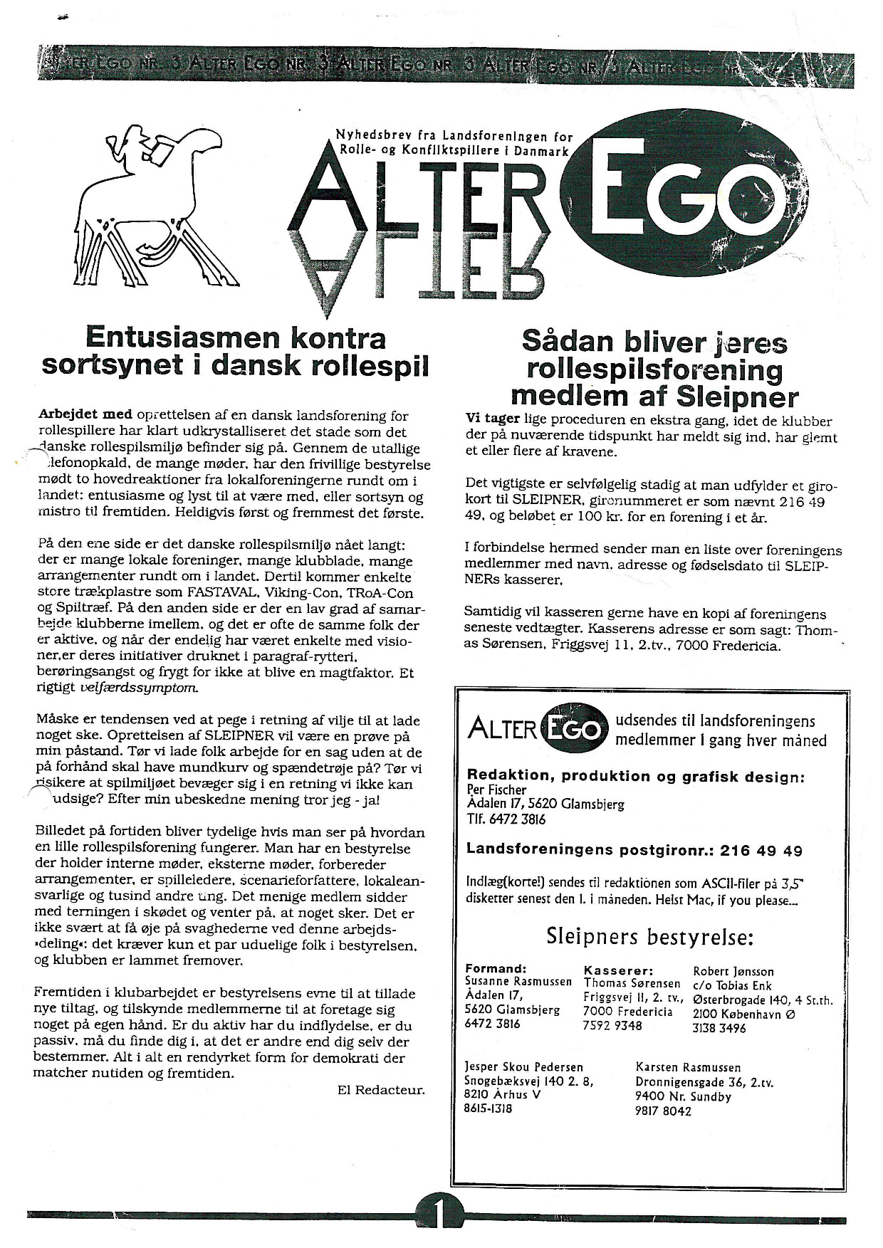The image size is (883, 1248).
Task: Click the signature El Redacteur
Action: point(380,1090)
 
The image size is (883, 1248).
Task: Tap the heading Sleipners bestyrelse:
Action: point(649,935)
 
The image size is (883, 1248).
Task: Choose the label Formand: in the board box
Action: point(495,969)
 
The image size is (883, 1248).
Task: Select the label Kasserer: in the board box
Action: point(618,970)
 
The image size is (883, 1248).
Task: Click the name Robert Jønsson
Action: point(733,971)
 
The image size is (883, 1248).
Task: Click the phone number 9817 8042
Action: point(662,1111)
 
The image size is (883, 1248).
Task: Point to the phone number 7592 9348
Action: point(612,1025)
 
